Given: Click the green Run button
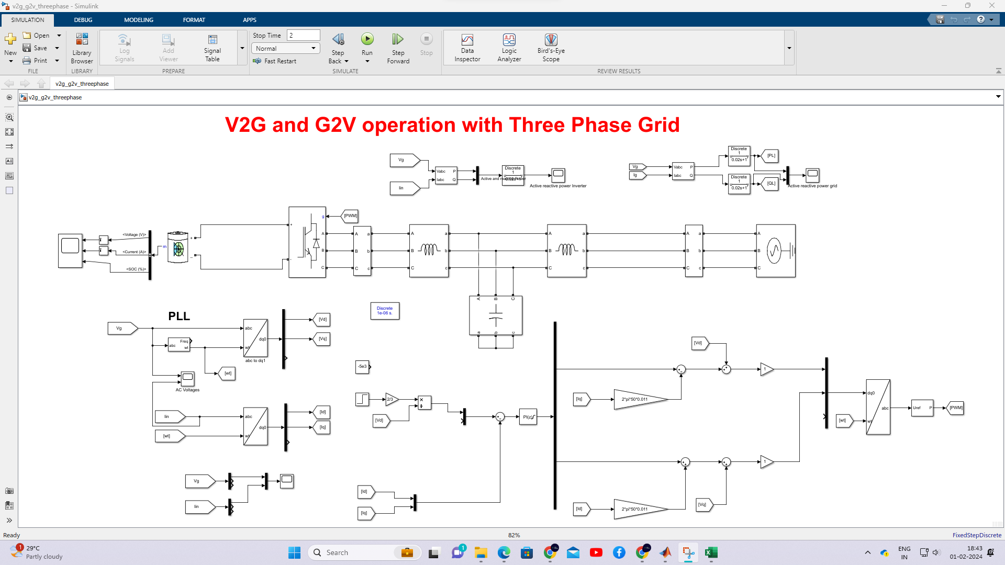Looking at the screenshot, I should [367, 39].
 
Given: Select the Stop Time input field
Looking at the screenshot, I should [304, 35].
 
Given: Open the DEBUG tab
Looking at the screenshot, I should [83, 20].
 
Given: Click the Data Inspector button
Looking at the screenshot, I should [467, 47].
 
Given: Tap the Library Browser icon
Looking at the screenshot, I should [82, 47].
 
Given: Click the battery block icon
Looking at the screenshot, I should [178, 247].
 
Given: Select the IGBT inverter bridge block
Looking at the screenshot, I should [307, 242].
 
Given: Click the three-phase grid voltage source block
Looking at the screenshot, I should [775, 251].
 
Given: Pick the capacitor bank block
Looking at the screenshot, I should [495, 315].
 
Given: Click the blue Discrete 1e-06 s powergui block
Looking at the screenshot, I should [385, 311].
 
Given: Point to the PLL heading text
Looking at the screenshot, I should [179, 316].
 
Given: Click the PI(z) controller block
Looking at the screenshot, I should [528, 417].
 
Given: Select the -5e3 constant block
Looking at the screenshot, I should [362, 367].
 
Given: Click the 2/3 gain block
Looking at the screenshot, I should [391, 399].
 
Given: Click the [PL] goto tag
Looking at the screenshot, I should [771, 156].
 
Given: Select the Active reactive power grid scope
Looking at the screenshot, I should [812, 174].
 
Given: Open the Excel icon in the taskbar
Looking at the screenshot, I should [711, 552].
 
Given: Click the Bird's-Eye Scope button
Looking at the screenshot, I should [551, 47].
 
